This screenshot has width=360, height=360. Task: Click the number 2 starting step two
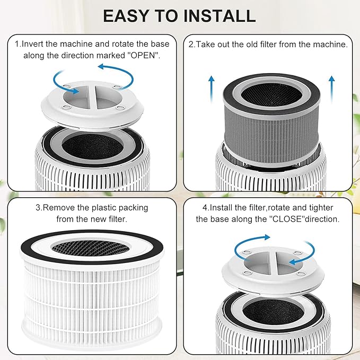pyautogui.click(x=191, y=45)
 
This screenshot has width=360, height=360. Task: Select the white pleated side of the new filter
pyautogui.click(x=90, y=297)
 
